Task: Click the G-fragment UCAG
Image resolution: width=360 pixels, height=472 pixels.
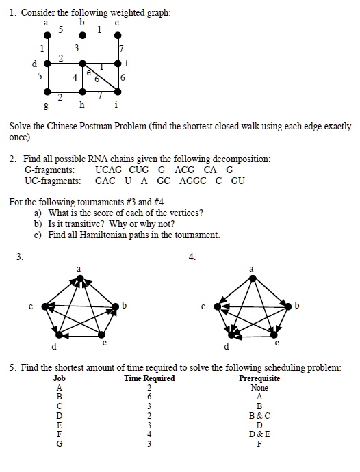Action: coord(108,170)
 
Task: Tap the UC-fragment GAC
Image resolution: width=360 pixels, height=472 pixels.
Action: coord(105,181)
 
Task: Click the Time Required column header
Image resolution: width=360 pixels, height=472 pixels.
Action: coord(149,378)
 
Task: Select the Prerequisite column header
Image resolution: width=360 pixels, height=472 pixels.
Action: coord(259,378)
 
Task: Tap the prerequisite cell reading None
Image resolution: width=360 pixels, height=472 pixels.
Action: coord(259,388)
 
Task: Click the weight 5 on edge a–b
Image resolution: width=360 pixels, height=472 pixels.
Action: coord(62,29)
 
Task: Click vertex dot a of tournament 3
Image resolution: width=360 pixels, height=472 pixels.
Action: coord(78,277)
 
